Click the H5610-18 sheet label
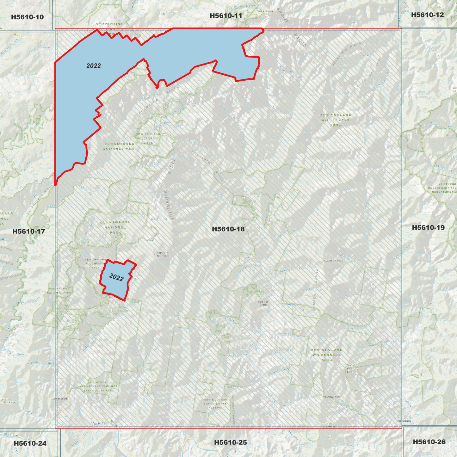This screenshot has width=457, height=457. pos(228,229)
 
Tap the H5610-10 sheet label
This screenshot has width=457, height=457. pos(27,17)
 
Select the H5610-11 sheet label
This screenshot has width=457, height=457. pos(226,16)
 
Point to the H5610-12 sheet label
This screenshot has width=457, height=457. pos(427,15)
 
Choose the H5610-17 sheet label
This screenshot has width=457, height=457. pos(28,232)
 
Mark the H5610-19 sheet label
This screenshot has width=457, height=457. pos(428,228)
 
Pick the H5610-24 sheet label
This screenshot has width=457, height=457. pos(30,443)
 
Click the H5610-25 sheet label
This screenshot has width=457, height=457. pos(230,442)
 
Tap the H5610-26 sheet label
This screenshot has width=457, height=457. pos(429,442)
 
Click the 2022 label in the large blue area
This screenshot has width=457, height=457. pos(94,66)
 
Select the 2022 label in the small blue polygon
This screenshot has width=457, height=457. pos(116,277)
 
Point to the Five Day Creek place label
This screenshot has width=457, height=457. pos(263,303)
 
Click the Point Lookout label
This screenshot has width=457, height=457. pos(264,11)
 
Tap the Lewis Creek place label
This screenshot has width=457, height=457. pos(60,398)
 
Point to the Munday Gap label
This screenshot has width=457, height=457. pos(332,397)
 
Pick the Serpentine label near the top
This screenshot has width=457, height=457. pos(109,24)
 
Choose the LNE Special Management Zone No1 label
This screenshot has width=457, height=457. pos(98,386)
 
